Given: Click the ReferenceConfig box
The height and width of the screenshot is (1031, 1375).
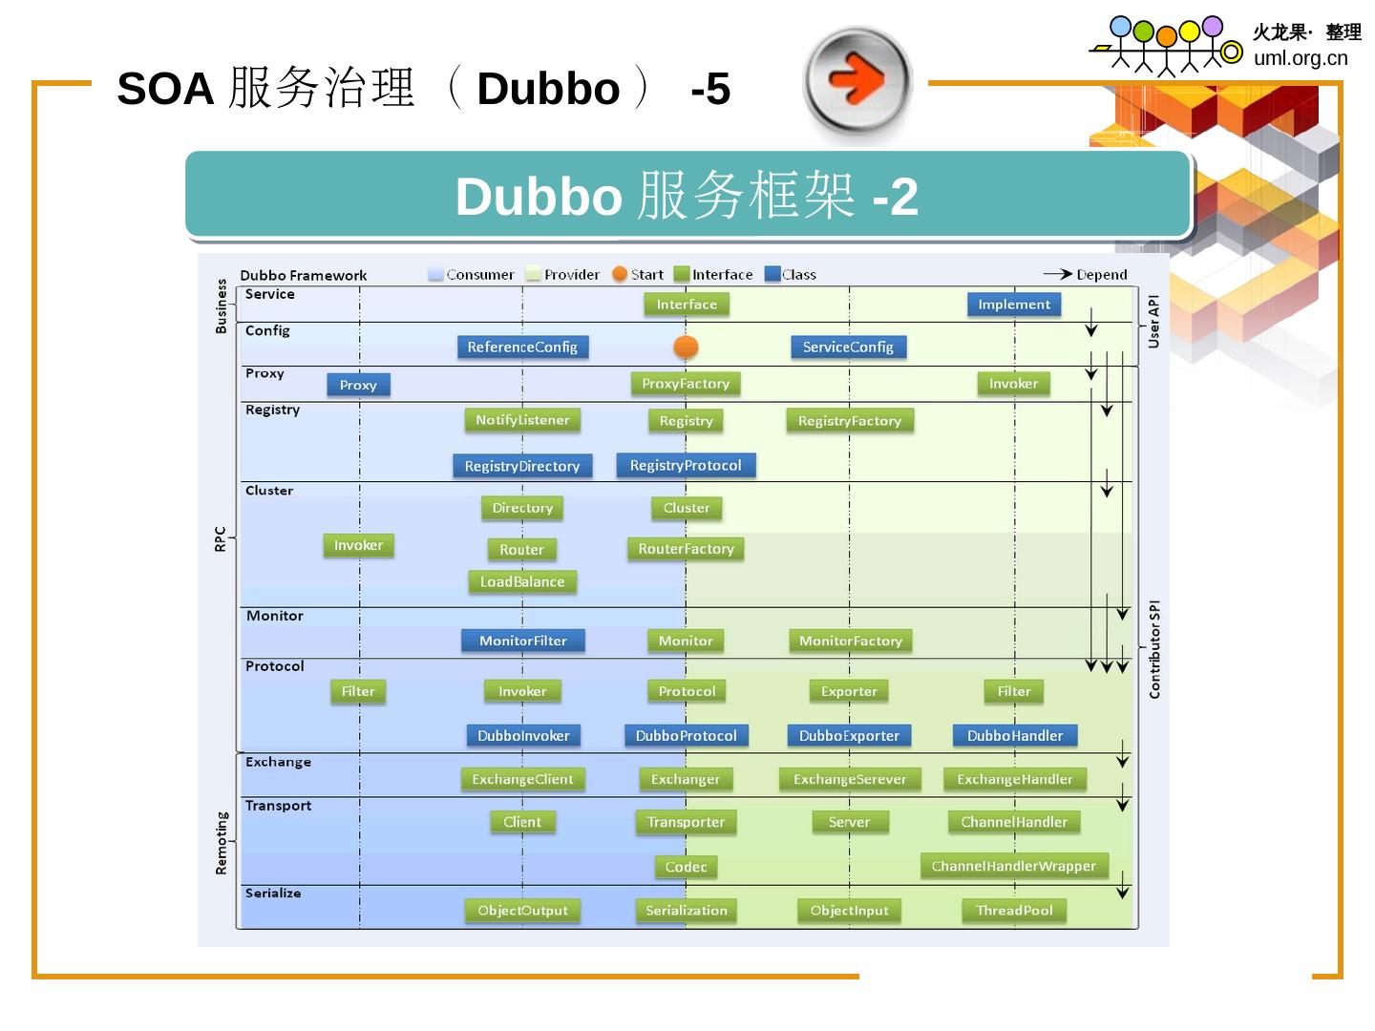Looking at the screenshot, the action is [x=522, y=347].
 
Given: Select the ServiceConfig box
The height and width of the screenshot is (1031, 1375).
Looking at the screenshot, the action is [x=848, y=347].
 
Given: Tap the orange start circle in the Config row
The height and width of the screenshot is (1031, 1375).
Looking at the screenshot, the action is [x=686, y=347].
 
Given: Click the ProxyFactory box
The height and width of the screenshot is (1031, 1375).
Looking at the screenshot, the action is [x=686, y=384].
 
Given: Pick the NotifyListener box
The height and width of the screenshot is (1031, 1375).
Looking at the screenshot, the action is [x=522, y=420].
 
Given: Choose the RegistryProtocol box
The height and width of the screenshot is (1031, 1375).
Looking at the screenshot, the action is [x=686, y=465].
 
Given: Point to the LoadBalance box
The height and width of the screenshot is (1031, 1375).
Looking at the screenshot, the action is [x=522, y=581].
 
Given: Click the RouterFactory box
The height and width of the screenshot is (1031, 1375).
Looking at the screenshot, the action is [x=686, y=549].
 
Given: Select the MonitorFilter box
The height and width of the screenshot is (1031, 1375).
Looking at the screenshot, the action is [x=522, y=641].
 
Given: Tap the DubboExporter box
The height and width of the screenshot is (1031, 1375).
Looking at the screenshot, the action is [x=849, y=735].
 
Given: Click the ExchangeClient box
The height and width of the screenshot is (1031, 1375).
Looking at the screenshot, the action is [x=522, y=779].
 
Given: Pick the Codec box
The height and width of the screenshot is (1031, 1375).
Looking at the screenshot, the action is [x=686, y=867].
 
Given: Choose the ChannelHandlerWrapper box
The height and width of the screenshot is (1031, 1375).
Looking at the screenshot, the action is [x=1014, y=866].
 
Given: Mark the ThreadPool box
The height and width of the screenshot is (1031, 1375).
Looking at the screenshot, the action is [x=1014, y=911].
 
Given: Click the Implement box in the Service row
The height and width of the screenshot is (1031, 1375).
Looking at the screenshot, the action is [x=1014, y=305].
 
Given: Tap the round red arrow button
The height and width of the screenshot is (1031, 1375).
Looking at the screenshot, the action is [x=857, y=80].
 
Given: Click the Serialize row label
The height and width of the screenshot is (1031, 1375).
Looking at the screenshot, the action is [x=273, y=894].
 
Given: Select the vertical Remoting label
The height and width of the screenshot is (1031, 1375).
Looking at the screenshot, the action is [x=222, y=843].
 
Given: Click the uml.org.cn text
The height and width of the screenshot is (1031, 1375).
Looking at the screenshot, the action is [x=1301, y=58].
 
